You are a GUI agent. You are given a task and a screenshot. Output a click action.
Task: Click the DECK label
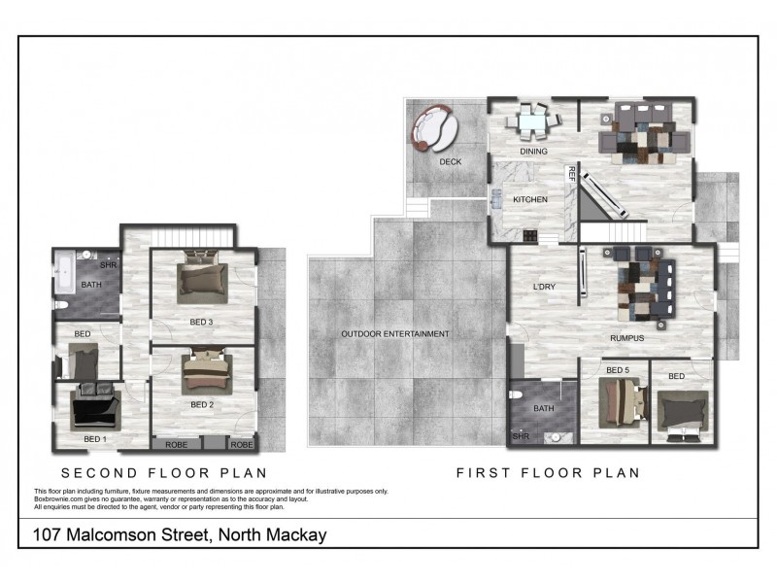(451, 162)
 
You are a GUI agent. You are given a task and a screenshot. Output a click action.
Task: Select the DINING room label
(534, 152)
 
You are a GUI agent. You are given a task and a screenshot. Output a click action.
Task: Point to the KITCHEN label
(530, 200)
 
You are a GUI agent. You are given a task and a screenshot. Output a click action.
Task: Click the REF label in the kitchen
(571, 175)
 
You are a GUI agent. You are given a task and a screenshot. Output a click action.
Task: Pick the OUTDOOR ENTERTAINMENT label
(394, 334)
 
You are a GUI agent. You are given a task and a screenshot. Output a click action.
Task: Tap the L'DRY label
(544, 287)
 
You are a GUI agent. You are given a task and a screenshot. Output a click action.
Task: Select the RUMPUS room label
(627, 338)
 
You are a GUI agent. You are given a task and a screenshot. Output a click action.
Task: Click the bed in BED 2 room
(206, 371)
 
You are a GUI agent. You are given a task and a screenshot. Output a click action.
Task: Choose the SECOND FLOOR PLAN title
(164, 474)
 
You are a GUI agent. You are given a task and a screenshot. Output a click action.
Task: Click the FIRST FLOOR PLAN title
(548, 474)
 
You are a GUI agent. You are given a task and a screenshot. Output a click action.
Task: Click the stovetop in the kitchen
(529, 234)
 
